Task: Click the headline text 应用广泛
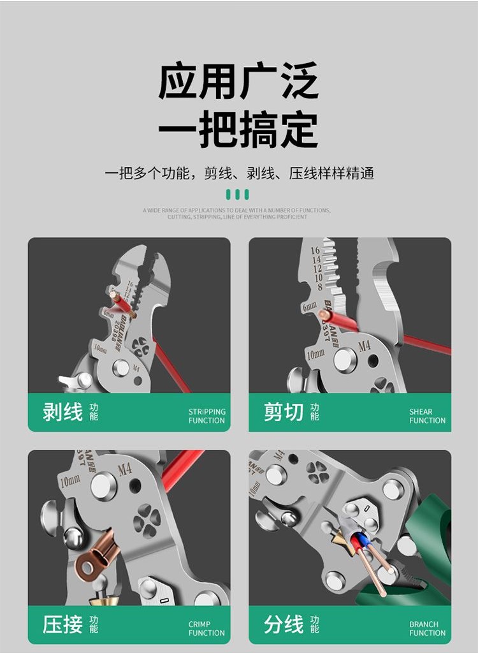click(x=238, y=82)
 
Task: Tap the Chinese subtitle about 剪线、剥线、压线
click(x=238, y=173)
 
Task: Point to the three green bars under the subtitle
click(x=238, y=195)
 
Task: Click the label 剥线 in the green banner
click(x=62, y=412)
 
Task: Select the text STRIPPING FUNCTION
click(x=206, y=416)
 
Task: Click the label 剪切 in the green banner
click(x=284, y=412)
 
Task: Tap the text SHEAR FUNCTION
click(x=427, y=416)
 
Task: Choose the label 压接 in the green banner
click(x=62, y=624)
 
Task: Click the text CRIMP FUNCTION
click(x=206, y=629)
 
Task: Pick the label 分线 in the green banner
click(x=284, y=624)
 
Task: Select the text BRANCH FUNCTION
click(x=427, y=629)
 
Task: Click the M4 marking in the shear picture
click(x=365, y=346)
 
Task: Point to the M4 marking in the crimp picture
click(x=125, y=470)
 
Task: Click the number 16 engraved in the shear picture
click(x=315, y=251)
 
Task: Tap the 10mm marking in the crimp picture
click(x=69, y=480)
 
